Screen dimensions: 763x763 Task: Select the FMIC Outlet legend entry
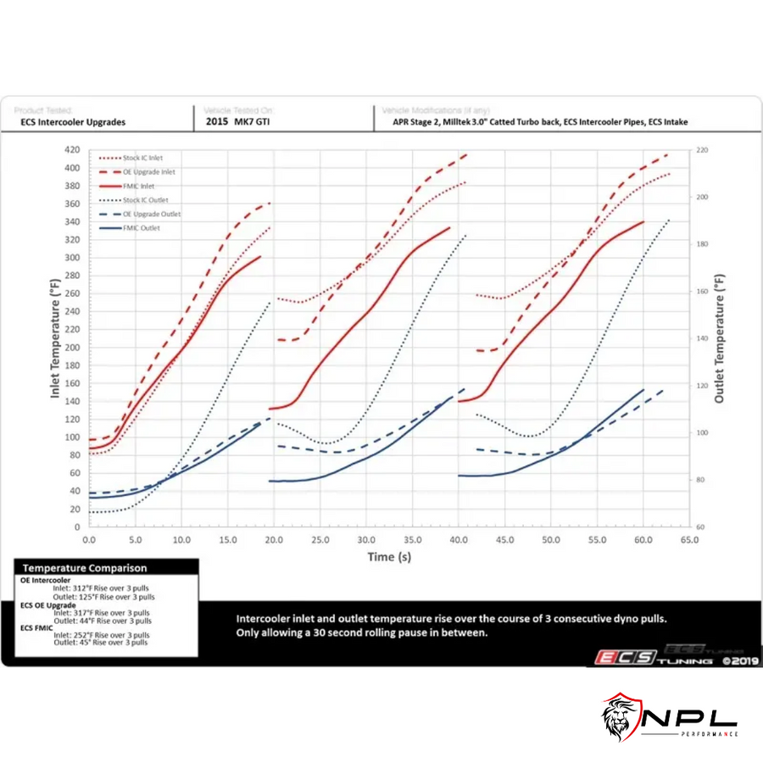pyautogui.click(x=140, y=227)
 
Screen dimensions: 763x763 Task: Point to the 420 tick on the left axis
pyautogui.click(x=71, y=149)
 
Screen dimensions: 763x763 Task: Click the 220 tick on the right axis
pyautogui.click(x=701, y=150)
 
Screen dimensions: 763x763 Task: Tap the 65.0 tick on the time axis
pyautogui.click(x=689, y=539)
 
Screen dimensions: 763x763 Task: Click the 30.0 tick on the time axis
pyautogui.click(x=366, y=539)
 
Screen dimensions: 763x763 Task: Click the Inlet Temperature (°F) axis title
pyautogui.click(x=54, y=337)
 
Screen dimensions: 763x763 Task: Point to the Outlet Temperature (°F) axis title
pyautogui.click(x=720, y=337)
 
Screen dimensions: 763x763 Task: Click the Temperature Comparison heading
pyautogui.click(x=85, y=568)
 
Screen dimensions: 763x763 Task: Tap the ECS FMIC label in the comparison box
pyautogui.click(x=41, y=627)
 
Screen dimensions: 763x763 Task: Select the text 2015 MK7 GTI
pyautogui.click(x=239, y=122)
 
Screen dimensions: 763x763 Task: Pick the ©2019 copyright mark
pyautogui.click(x=739, y=659)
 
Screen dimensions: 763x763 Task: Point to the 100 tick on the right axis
pyautogui.click(x=701, y=432)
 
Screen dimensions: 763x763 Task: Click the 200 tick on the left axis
pyautogui.click(x=71, y=347)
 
